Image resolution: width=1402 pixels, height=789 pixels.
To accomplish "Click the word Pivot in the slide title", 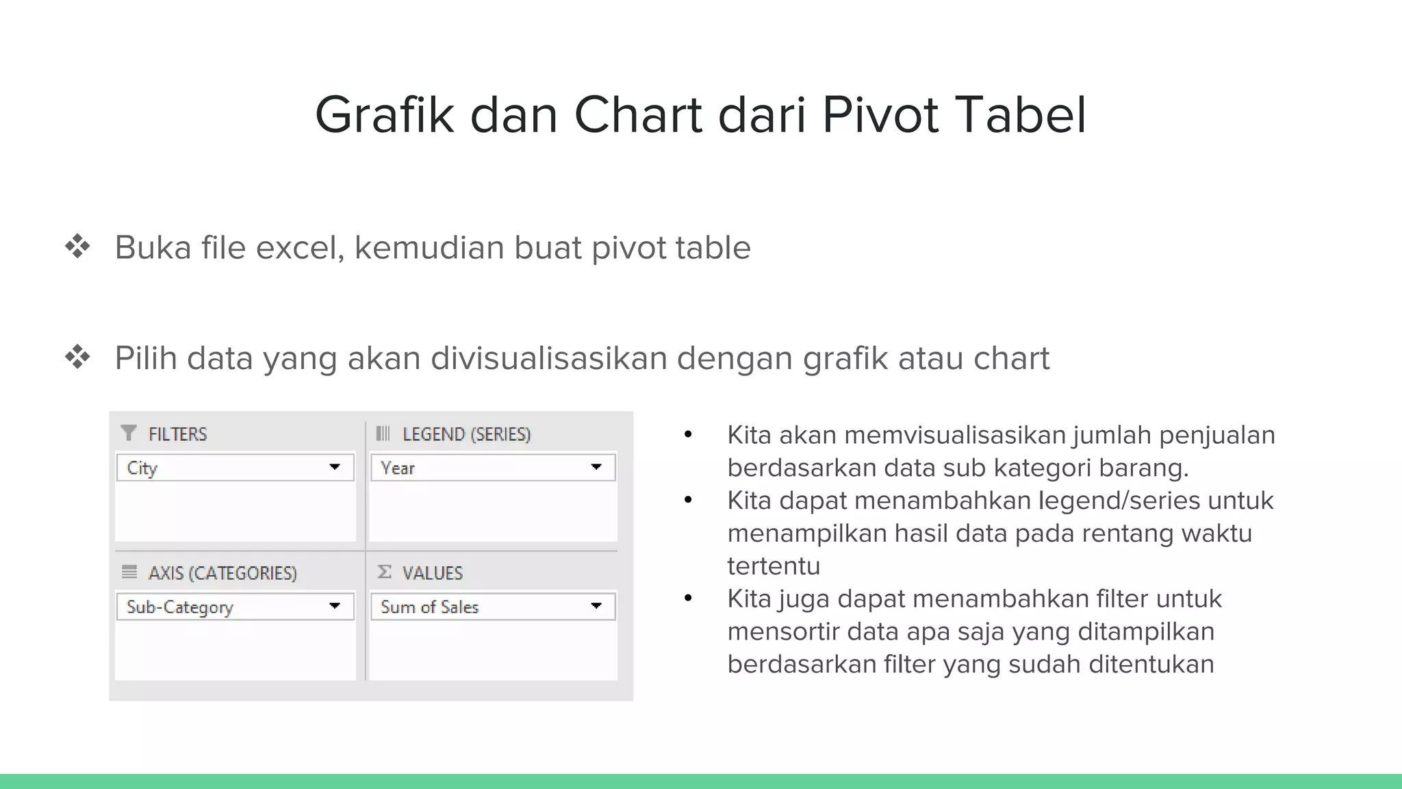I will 878,114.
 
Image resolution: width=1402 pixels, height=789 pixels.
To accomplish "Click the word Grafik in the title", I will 384,114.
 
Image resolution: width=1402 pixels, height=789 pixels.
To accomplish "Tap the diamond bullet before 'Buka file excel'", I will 77,247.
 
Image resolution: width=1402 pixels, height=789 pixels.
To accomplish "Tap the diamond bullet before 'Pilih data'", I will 77,357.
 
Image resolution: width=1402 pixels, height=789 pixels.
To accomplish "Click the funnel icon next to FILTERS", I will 128,434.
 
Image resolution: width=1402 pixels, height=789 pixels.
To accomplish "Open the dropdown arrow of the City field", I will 335,467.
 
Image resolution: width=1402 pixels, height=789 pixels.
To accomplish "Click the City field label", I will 142,468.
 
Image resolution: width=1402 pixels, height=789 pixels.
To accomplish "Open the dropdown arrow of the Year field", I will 596,467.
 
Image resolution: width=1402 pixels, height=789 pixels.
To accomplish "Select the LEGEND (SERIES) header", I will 466,434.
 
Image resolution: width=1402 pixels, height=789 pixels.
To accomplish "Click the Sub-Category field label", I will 180,608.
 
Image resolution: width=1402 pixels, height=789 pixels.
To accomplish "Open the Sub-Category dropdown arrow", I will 335,605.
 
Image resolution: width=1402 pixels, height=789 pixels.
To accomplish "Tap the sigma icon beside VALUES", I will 385,572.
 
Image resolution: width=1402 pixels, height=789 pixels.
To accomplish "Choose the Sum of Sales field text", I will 429,608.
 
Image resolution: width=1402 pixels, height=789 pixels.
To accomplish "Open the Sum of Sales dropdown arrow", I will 596,605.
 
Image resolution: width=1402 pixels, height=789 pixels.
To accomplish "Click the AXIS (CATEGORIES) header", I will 222,573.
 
